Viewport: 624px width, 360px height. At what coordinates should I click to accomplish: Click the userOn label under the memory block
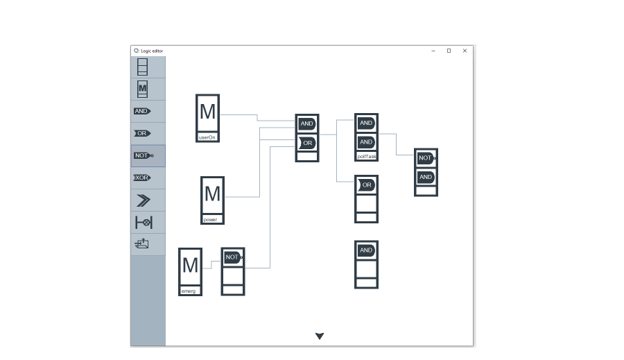tap(207, 137)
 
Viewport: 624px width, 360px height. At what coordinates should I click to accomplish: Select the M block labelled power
tap(212, 194)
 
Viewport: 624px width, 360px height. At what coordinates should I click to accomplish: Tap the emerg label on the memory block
tap(189, 291)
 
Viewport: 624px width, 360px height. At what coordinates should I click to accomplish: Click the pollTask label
tap(367, 157)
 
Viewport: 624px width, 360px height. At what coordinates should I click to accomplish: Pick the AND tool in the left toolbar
tap(142, 111)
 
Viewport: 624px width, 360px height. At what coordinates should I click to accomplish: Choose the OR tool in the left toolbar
tap(142, 133)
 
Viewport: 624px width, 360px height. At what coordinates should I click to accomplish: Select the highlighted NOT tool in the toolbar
tap(143, 155)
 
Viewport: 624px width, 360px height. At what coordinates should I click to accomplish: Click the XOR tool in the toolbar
tap(142, 178)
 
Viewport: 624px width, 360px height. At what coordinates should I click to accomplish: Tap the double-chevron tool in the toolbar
tap(143, 200)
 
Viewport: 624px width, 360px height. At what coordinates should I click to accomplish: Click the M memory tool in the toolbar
tap(142, 89)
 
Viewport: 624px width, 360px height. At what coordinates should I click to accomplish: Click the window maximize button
tap(449, 51)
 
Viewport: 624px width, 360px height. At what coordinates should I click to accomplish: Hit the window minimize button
tap(433, 51)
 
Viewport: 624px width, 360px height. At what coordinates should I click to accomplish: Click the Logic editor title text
tap(152, 51)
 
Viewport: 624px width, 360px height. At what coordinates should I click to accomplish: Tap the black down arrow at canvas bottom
tap(320, 336)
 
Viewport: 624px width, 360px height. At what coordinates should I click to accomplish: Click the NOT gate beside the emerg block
tap(232, 257)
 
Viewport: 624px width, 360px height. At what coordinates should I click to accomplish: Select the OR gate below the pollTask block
tap(366, 185)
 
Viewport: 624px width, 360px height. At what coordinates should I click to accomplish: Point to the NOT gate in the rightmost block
tap(426, 158)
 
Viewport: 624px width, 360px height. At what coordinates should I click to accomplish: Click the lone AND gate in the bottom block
tap(366, 250)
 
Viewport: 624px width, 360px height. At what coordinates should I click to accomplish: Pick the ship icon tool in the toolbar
tap(142, 244)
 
